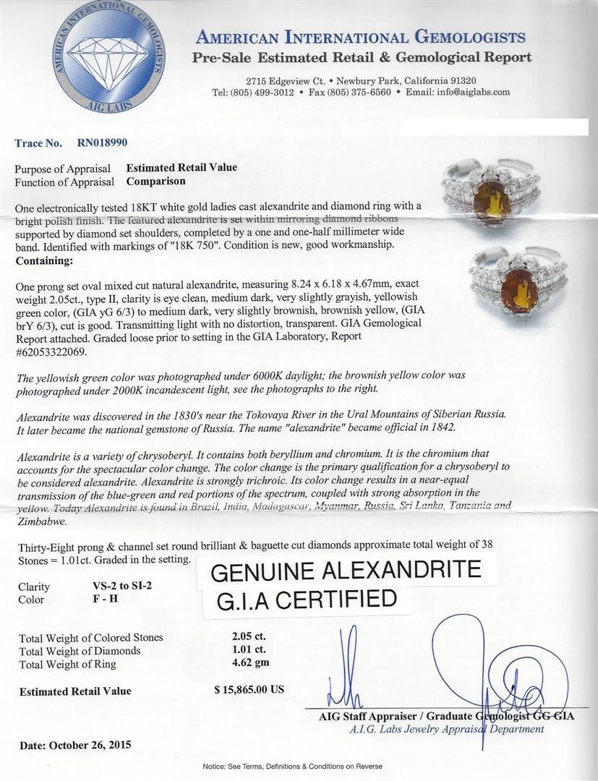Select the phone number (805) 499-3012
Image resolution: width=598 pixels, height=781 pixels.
262,93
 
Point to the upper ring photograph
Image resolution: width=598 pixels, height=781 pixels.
502,195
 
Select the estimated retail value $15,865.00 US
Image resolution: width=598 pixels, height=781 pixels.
249,690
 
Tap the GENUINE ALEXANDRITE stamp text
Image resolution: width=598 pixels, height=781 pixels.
345,571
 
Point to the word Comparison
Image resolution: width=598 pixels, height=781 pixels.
155,182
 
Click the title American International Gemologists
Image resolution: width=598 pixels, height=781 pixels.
361,38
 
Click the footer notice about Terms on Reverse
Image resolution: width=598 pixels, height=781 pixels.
292,766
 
